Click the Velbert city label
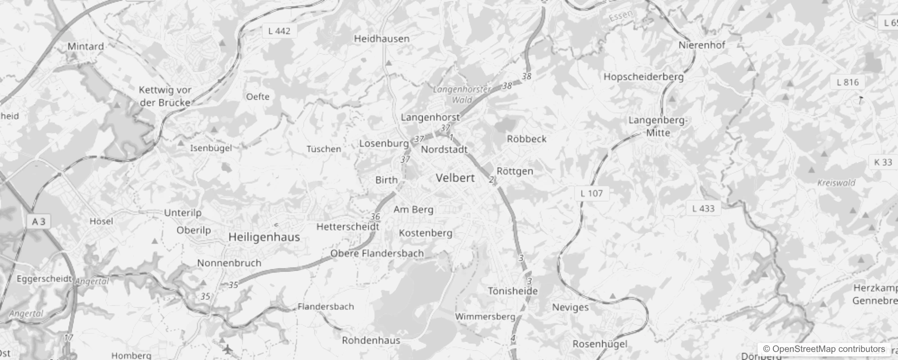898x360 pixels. click(455, 178)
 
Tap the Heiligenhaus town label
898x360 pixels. click(264, 237)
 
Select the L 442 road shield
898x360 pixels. click(279, 31)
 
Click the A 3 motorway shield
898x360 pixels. click(39, 221)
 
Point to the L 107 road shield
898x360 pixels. click(591, 193)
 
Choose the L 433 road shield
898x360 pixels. click(703, 208)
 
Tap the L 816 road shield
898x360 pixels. click(848, 82)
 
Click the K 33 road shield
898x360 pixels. click(883, 162)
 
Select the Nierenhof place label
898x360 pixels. click(701, 45)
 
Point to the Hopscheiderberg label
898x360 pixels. click(643, 77)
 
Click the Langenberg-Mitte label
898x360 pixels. click(658, 126)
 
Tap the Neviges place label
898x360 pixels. click(570, 307)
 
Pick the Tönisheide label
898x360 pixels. click(513, 291)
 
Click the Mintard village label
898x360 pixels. click(85, 46)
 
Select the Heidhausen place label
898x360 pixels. click(382, 39)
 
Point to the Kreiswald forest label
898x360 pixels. click(836, 183)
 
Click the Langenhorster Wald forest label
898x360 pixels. click(462, 94)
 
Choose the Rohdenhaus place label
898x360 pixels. click(371, 340)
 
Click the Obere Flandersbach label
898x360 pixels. click(377, 253)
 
